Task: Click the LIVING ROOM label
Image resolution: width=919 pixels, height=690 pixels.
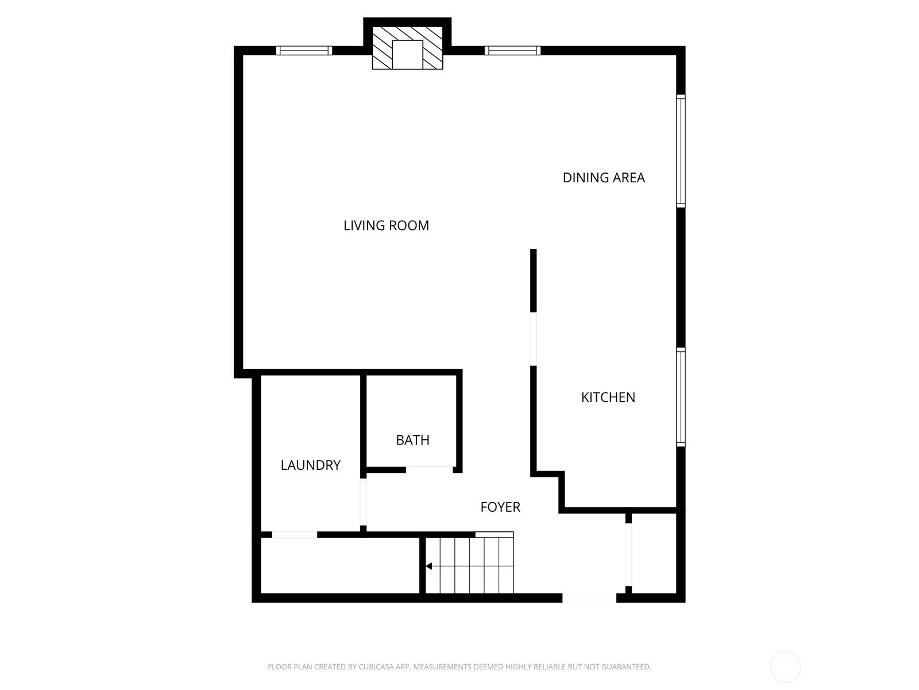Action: tap(386, 225)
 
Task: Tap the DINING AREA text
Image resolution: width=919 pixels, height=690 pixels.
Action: tap(603, 178)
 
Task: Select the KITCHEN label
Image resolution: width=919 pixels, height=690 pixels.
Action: tap(608, 397)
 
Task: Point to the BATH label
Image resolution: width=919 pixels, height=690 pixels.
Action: tap(412, 440)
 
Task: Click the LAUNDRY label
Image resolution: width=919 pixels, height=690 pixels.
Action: tap(310, 465)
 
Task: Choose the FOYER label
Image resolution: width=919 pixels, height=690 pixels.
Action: tap(500, 507)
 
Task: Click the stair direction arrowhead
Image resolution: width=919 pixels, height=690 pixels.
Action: tap(428, 566)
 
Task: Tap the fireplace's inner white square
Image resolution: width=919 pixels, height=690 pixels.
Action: tap(407, 55)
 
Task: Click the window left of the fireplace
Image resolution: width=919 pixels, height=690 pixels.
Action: tap(304, 51)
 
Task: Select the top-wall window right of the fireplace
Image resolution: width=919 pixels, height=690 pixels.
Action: tap(512, 51)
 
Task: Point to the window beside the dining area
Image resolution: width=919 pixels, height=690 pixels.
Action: tap(681, 151)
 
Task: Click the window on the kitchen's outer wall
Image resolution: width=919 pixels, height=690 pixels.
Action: tap(681, 397)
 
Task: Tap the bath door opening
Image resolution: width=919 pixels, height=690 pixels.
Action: tap(429, 470)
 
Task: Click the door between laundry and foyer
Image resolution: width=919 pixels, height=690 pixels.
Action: tap(364, 502)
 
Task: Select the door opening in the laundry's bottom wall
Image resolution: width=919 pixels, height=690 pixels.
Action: tap(294, 535)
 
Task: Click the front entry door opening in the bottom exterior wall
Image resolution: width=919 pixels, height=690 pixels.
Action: tap(589, 598)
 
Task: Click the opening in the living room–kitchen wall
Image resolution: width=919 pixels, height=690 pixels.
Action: tap(534, 339)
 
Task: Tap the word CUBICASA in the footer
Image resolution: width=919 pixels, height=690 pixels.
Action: tap(374, 666)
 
